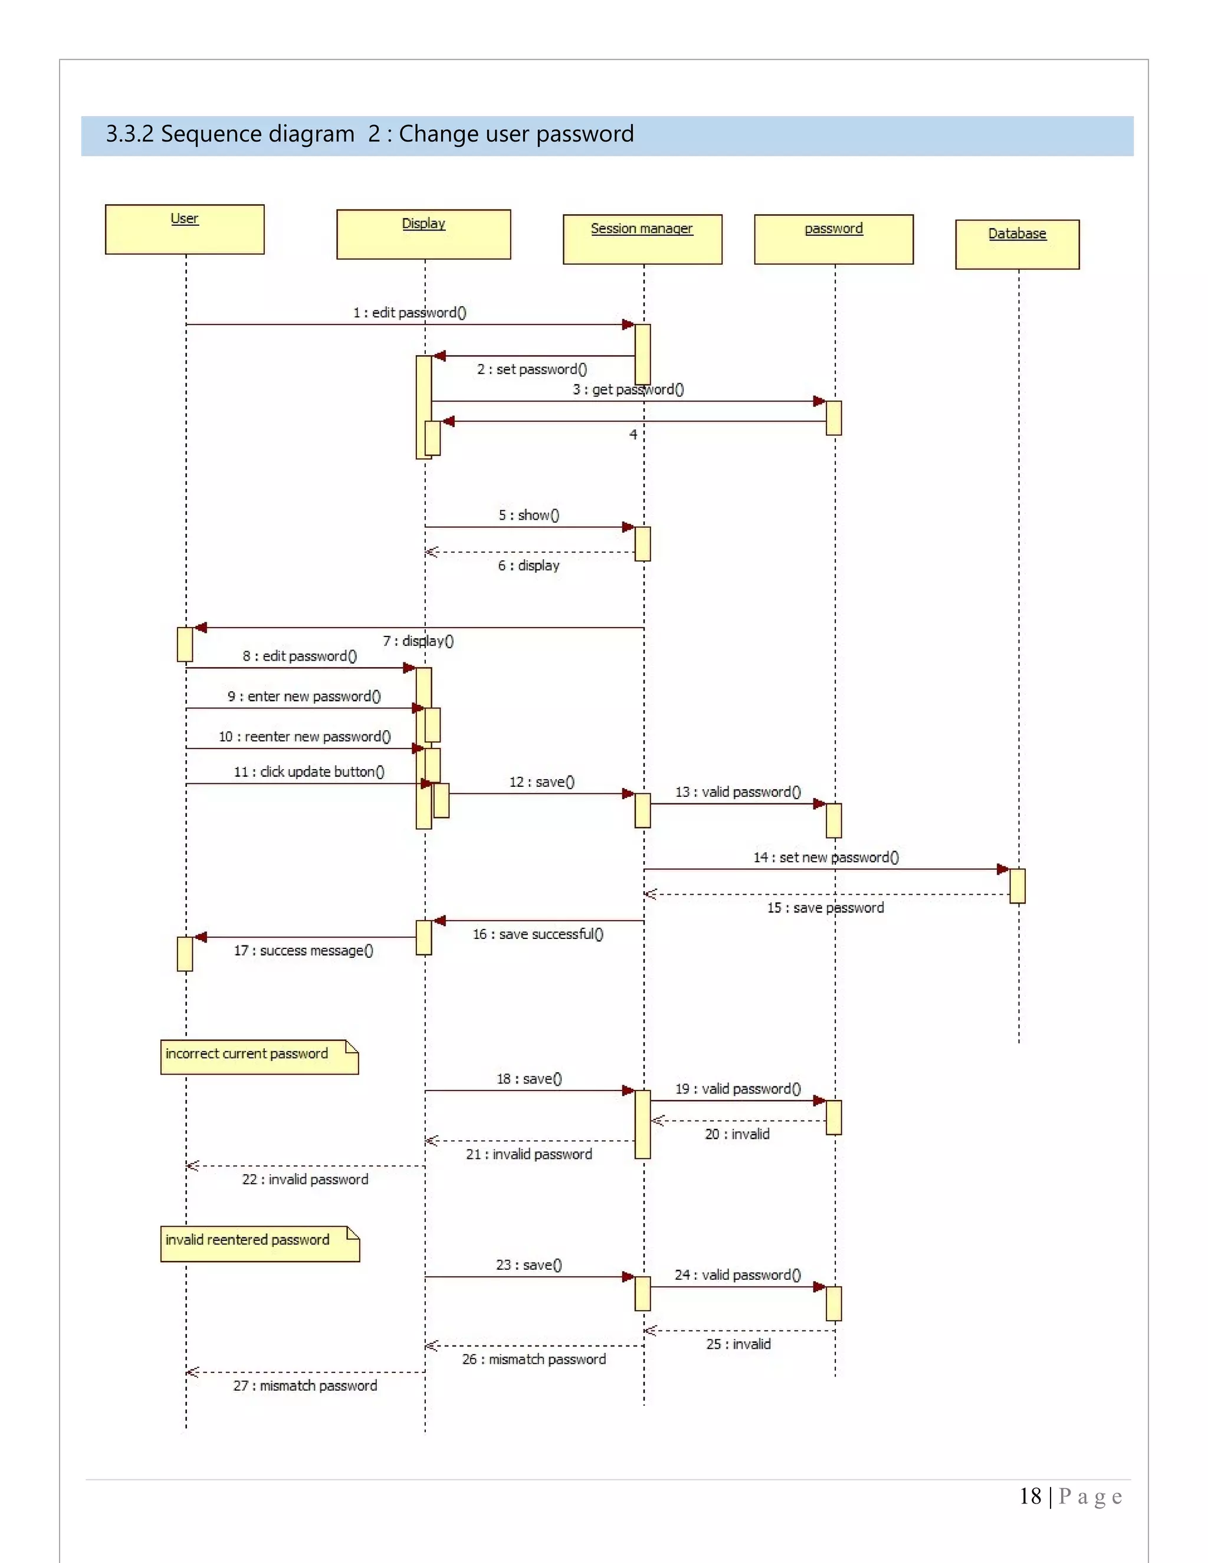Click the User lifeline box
(x=185, y=229)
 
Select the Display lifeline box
(x=424, y=234)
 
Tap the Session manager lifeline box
(x=642, y=239)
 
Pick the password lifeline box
(x=833, y=239)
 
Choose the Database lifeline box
(x=1017, y=244)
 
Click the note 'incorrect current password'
(x=259, y=1056)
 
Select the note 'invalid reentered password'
(x=260, y=1243)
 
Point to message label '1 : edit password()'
(x=409, y=313)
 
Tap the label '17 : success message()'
(x=303, y=950)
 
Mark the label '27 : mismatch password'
(x=305, y=1385)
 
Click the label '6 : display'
(x=529, y=566)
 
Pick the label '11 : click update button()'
(x=309, y=771)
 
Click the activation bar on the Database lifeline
(x=1017, y=886)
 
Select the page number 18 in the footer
(x=1030, y=1496)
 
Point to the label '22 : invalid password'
(x=305, y=1180)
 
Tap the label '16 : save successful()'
(x=538, y=934)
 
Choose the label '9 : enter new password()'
(x=304, y=697)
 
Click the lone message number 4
(x=633, y=435)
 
